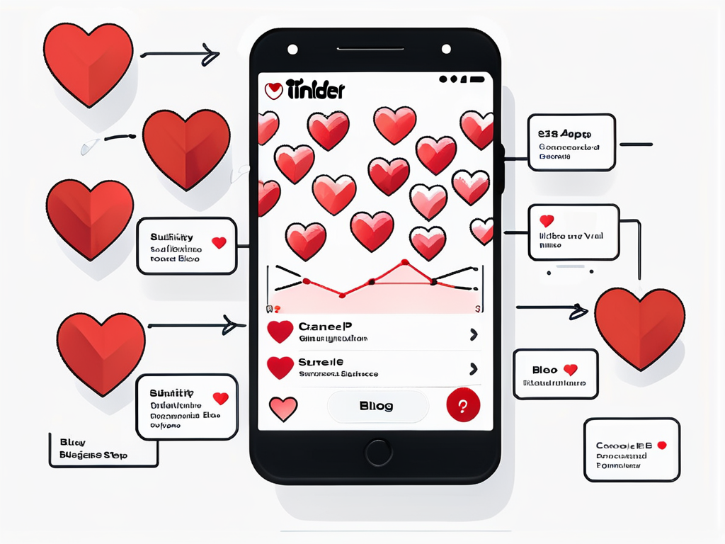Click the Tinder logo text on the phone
point(315,91)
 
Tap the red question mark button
point(463,405)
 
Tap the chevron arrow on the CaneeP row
point(474,334)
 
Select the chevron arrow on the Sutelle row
point(474,368)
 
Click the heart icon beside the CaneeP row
point(280,331)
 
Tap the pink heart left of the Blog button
point(283,407)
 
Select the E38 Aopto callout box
point(571,142)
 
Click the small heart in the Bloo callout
point(570,370)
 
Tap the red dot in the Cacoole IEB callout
point(662,445)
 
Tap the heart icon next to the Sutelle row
point(280,367)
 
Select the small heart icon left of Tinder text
point(273,91)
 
